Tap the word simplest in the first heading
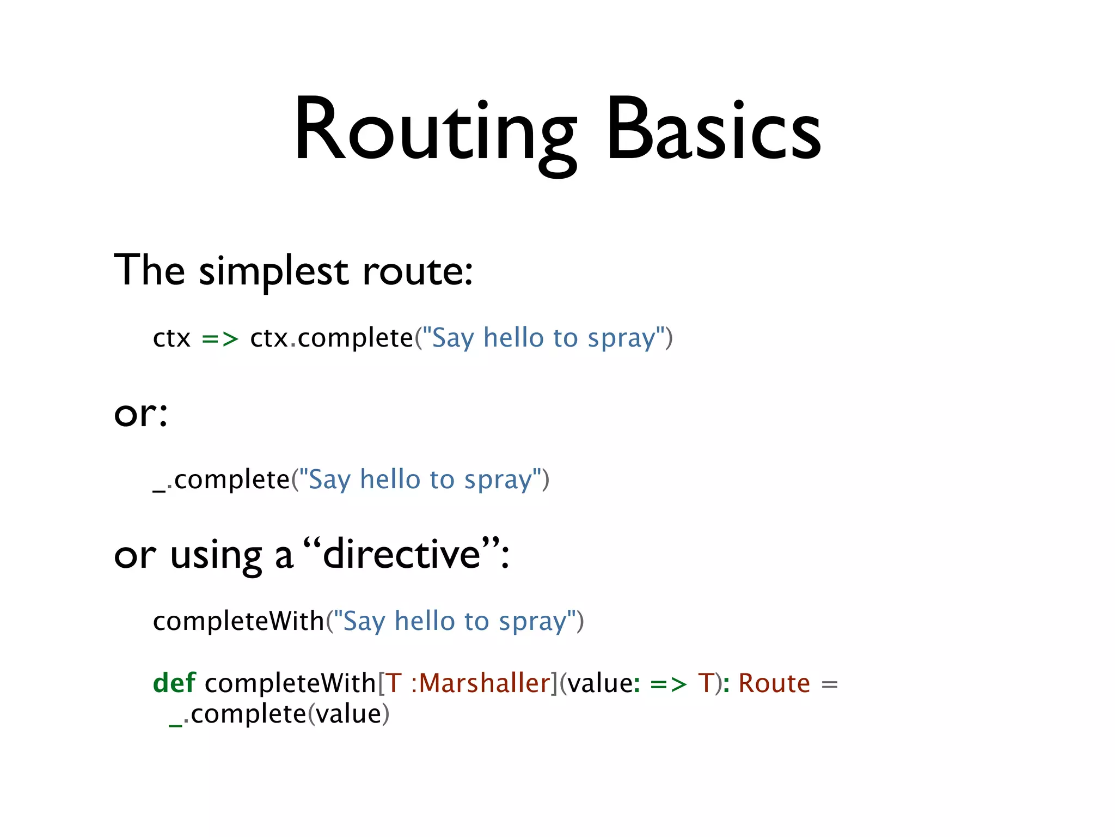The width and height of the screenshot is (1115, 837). [x=273, y=271]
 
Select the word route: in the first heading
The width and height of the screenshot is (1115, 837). [x=418, y=271]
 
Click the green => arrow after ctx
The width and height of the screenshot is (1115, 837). [x=220, y=338]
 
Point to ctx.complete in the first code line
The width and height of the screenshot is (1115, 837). [x=331, y=338]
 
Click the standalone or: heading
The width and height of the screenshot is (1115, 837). [x=140, y=413]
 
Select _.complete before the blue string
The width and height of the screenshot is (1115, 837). [x=221, y=480]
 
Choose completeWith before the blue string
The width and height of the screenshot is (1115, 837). [x=238, y=621]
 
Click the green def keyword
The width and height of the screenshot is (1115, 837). [x=174, y=683]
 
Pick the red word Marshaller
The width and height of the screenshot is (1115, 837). [x=485, y=683]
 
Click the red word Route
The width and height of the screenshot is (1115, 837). [x=774, y=683]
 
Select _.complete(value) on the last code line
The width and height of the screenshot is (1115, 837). [x=279, y=714]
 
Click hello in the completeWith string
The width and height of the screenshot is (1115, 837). [x=425, y=621]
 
